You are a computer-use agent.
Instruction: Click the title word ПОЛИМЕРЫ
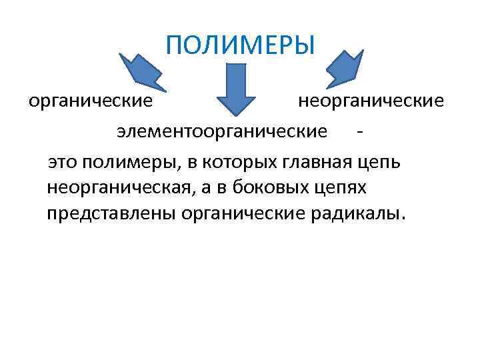tap(239, 46)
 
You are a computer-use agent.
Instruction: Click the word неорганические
tap(370, 102)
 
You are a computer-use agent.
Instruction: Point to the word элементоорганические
tap(222, 131)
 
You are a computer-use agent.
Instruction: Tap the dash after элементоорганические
tap(361, 131)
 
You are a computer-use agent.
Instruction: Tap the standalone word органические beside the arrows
tap(91, 102)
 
